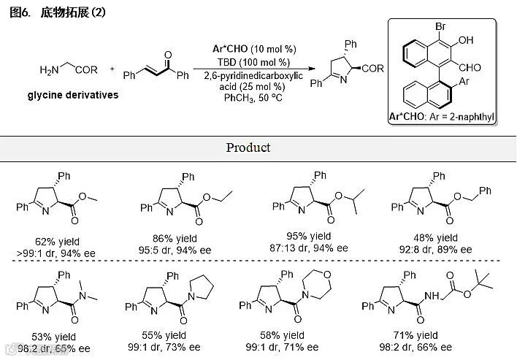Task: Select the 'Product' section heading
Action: pyautogui.click(x=248, y=148)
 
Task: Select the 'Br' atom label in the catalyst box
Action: pyautogui.click(x=442, y=28)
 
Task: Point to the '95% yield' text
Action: pyautogui.click(x=309, y=237)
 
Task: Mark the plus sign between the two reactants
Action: pyautogui.click(x=112, y=70)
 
